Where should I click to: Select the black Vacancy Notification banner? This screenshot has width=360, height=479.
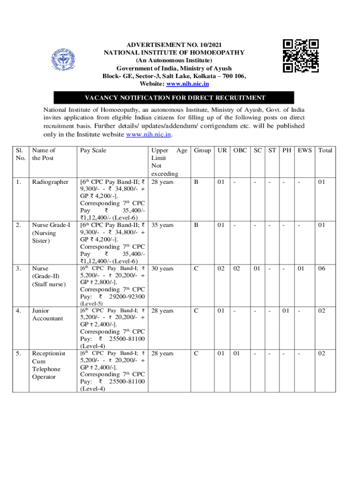[x=174, y=98]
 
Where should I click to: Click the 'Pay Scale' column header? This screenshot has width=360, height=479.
[x=93, y=150]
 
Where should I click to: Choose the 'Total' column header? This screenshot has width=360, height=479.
[x=325, y=150]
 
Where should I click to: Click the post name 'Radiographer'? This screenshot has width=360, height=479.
[x=50, y=181]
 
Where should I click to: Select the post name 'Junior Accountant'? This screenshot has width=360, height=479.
[x=47, y=314]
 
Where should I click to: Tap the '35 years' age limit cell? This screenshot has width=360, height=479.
[x=163, y=225]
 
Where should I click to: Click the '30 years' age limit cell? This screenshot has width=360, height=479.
[x=163, y=269]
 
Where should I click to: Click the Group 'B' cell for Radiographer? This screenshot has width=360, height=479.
[x=196, y=181]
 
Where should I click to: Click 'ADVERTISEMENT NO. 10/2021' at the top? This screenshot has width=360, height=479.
[x=174, y=44]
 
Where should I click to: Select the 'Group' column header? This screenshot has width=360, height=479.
[x=202, y=150]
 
